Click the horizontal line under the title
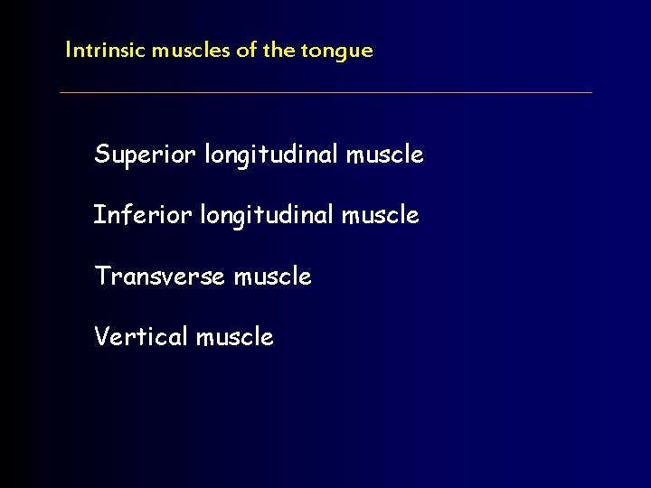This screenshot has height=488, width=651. click(x=325, y=92)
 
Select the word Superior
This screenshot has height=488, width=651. click(x=145, y=155)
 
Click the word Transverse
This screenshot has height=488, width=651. click(x=159, y=276)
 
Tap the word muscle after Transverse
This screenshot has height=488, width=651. click(x=272, y=276)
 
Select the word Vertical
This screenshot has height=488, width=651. click(x=140, y=336)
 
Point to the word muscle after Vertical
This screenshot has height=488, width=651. click(x=234, y=336)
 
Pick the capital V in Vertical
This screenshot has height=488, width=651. click(x=101, y=336)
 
